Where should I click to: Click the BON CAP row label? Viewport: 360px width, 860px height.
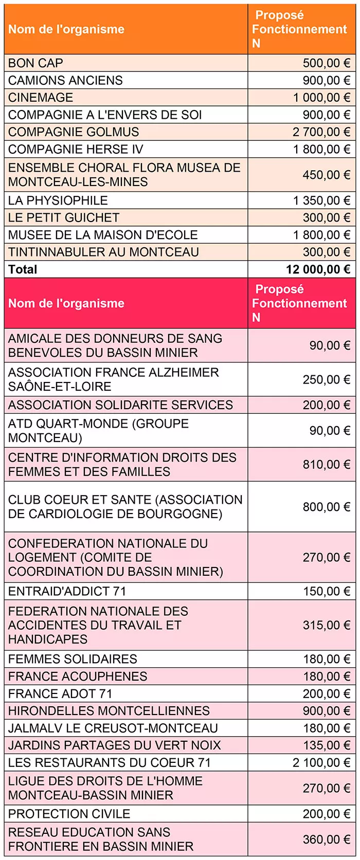36,63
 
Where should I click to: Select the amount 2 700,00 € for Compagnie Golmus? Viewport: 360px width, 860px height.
321,132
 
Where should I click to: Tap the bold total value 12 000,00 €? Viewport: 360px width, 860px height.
318,269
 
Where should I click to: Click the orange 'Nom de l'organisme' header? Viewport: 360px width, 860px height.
66,29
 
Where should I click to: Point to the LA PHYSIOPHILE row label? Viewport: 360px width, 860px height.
58,200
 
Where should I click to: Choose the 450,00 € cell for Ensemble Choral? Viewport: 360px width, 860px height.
326,175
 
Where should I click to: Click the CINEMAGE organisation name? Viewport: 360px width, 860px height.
41,98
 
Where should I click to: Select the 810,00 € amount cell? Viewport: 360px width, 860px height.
326,465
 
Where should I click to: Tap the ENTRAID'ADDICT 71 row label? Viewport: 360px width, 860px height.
67,591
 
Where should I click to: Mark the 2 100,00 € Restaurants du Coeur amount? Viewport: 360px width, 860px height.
321,763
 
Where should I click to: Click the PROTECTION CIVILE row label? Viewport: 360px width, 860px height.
69,814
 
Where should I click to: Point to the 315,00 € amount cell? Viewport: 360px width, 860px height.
326,625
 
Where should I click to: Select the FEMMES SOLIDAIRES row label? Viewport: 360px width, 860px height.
73,659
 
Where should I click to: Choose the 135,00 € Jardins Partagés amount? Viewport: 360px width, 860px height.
326,745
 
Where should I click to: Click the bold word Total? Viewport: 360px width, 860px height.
23,269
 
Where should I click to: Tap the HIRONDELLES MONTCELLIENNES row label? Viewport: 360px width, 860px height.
109,711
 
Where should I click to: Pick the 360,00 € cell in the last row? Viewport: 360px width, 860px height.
326,839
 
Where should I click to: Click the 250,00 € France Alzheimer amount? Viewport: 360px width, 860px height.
326,379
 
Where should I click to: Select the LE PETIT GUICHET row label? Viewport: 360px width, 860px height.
64,218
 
